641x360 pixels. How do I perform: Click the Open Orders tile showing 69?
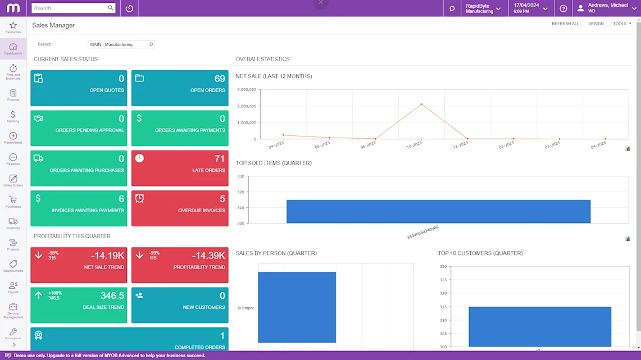point(180,88)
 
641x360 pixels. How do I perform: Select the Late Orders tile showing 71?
point(180,168)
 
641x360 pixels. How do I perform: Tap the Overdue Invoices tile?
point(180,208)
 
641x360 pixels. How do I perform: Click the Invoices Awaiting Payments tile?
point(79,208)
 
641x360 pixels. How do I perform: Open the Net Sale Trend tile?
point(79,265)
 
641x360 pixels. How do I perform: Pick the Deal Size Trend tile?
point(79,305)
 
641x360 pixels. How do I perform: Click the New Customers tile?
point(180,305)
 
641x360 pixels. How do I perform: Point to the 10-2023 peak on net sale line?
point(421,104)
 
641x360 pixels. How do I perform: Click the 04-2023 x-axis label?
point(276,145)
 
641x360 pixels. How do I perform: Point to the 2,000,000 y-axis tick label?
point(247,106)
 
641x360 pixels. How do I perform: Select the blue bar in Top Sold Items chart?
point(438,211)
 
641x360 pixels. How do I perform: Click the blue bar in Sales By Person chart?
point(297,307)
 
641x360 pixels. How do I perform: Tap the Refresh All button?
point(565,24)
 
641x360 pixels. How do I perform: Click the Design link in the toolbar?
point(595,24)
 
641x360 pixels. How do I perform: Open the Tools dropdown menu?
point(621,24)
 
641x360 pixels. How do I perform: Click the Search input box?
point(69,8)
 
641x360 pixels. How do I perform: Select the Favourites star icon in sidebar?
point(13,26)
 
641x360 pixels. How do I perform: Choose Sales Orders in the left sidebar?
point(13,180)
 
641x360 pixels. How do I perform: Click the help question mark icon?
point(563,8)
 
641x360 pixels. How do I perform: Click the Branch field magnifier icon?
point(151,44)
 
